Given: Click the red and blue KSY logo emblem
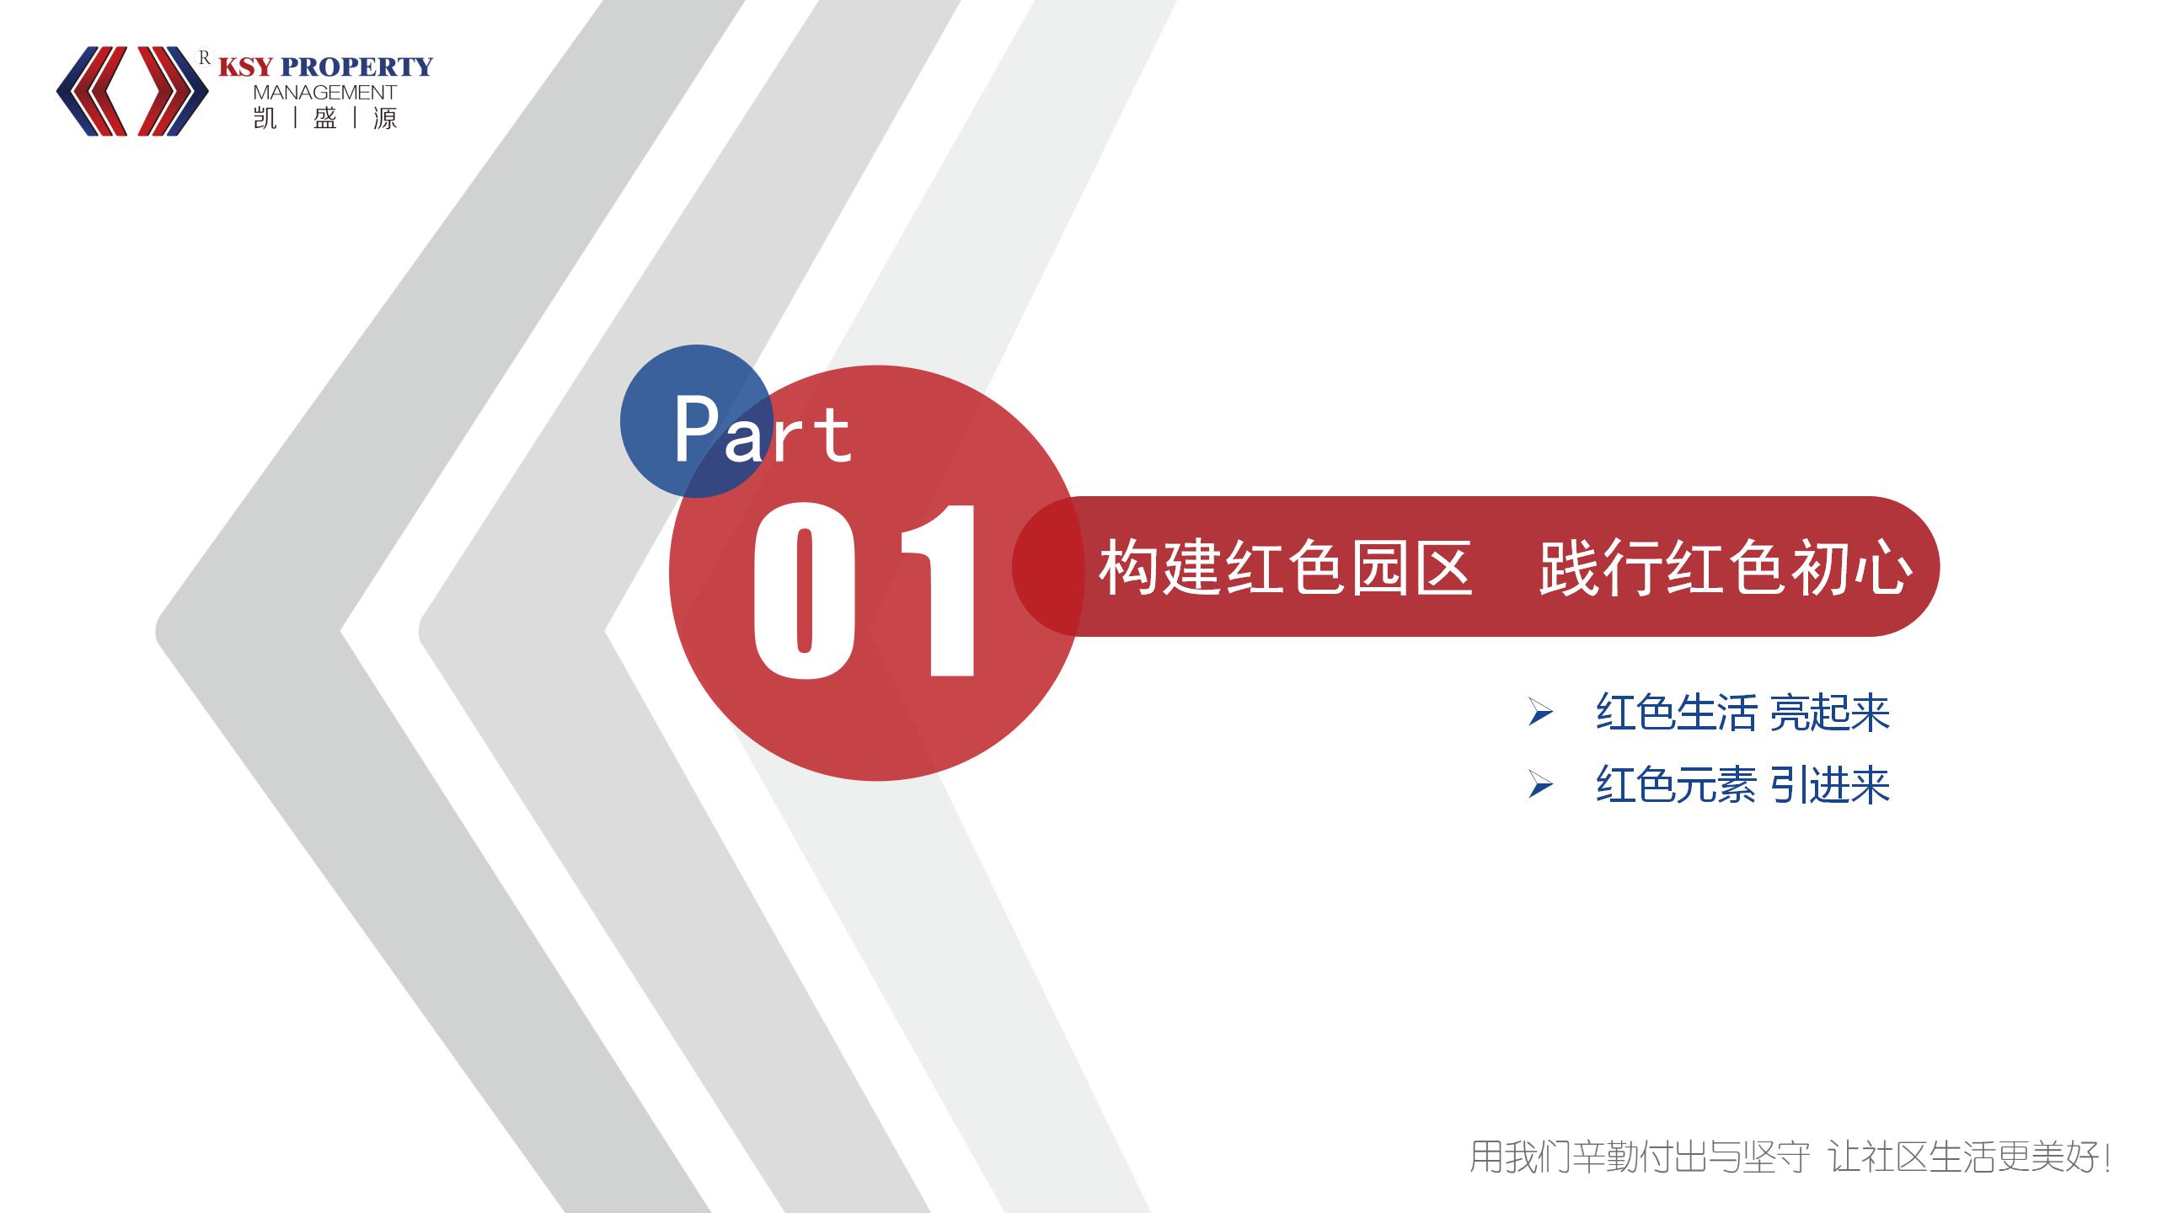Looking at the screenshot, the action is tap(132, 91).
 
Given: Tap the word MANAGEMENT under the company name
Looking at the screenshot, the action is tap(324, 92).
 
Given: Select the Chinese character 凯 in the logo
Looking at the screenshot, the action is tap(265, 118).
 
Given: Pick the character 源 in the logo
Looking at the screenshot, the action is tap(385, 118).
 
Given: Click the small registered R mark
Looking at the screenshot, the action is tap(204, 57).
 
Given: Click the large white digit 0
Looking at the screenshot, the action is tap(805, 590).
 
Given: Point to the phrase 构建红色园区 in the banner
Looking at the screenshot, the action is tap(1286, 568).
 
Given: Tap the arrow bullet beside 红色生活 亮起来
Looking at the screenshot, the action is tap(1540, 713).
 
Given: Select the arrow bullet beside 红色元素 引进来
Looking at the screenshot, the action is tap(1540, 786).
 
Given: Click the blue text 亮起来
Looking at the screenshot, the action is tap(1829, 713).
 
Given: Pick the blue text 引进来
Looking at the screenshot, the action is tap(1829, 785).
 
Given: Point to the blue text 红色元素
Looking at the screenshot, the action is tap(1676, 785).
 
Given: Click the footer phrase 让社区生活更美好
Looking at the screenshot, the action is tap(1972, 1157).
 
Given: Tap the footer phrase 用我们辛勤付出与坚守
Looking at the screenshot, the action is tap(1640, 1157).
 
